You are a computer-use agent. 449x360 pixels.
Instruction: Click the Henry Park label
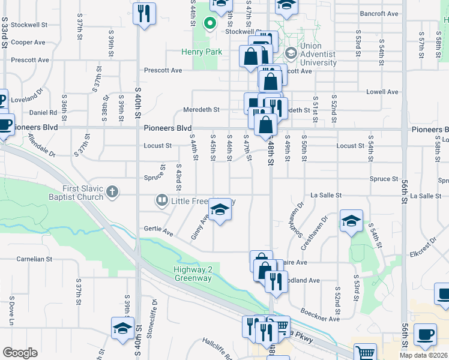tap(202, 52)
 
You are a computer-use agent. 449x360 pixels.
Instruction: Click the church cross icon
tap(112, 193)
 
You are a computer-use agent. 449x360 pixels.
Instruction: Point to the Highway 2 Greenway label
tap(193, 274)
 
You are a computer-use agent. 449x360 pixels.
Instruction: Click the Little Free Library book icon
tap(161, 200)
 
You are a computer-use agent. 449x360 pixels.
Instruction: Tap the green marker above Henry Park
tap(209, 24)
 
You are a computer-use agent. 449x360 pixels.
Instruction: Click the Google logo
tap(20, 353)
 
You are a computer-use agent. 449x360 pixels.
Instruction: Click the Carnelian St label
tap(29, 259)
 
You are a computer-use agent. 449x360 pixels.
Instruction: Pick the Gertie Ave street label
tap(158, 229)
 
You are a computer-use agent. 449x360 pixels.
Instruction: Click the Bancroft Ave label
tap(379, 13)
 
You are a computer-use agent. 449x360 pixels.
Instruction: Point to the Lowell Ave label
tap(384, 92)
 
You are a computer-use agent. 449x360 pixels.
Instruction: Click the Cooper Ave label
tap(28, 43)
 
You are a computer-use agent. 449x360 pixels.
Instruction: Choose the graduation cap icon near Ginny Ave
tap(220, 210)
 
